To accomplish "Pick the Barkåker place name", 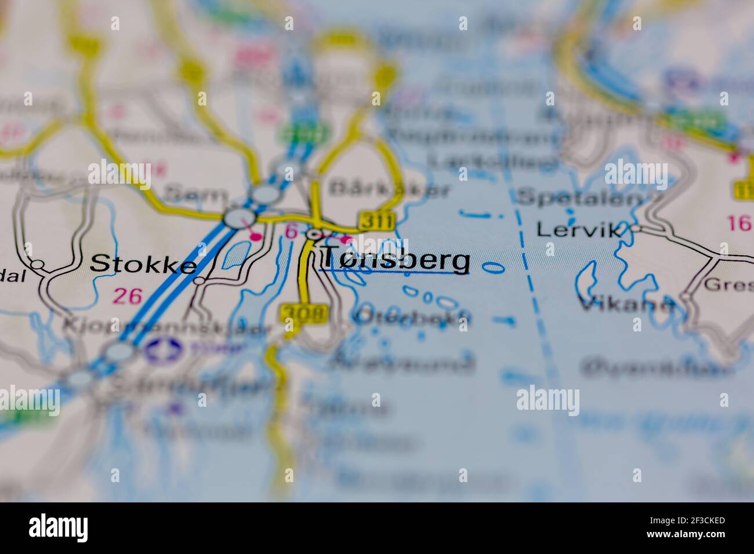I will point(389,189).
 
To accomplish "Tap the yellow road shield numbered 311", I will point(377,221).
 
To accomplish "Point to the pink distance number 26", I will point(128,296).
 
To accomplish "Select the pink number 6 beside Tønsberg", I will point(291,232).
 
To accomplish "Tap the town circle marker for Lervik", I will point(636,229).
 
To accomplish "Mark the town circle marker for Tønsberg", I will point(314,235).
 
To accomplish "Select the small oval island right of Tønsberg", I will point(492,267).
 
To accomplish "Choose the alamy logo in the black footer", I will point(59,528).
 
